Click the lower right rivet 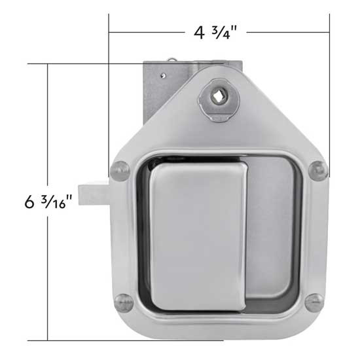pyautogui.click(x=314, y=302)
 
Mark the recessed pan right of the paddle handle pyautogui.click(x=268, y=216)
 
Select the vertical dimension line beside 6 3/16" pyautogui.click(x=47, y=275)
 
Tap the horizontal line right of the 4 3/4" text pyautogui.click(x=288, y=31)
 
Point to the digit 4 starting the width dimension pyautogui.click(x=198, y=32)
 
